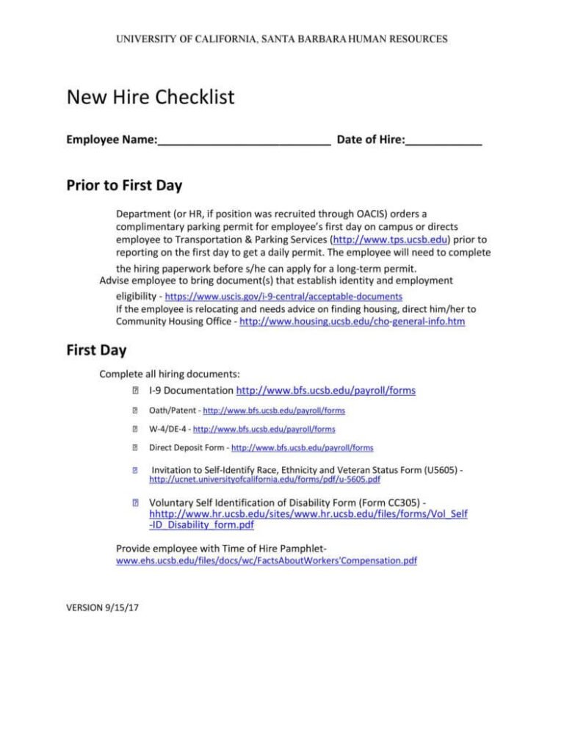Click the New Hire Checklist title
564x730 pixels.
pyautogui.click(x=151, y=97)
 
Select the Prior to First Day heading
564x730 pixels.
pyautogui.click(x=124, y=185)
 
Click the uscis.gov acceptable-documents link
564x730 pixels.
pyautogui.click(x=283, y=296)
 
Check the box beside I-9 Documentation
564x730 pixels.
pyautogui.click(x=135, y=391)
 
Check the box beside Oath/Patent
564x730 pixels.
pyautogui.click(x=135, y=411)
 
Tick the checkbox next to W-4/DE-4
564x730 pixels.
pyautogui.click(x=135, y=429)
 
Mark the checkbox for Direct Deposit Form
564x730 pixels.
pyautogui.click(x=135, y=447)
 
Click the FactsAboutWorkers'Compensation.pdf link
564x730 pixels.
pyautogui.click(x=267, y=560)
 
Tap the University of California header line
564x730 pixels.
pyautogui.click(x=281, y=38)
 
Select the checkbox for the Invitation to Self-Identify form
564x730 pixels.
pyautogui.click(x=135, y=468)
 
